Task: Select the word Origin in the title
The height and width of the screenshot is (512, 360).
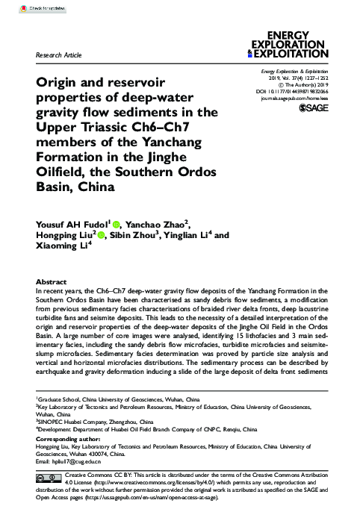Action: click(60, 84)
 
